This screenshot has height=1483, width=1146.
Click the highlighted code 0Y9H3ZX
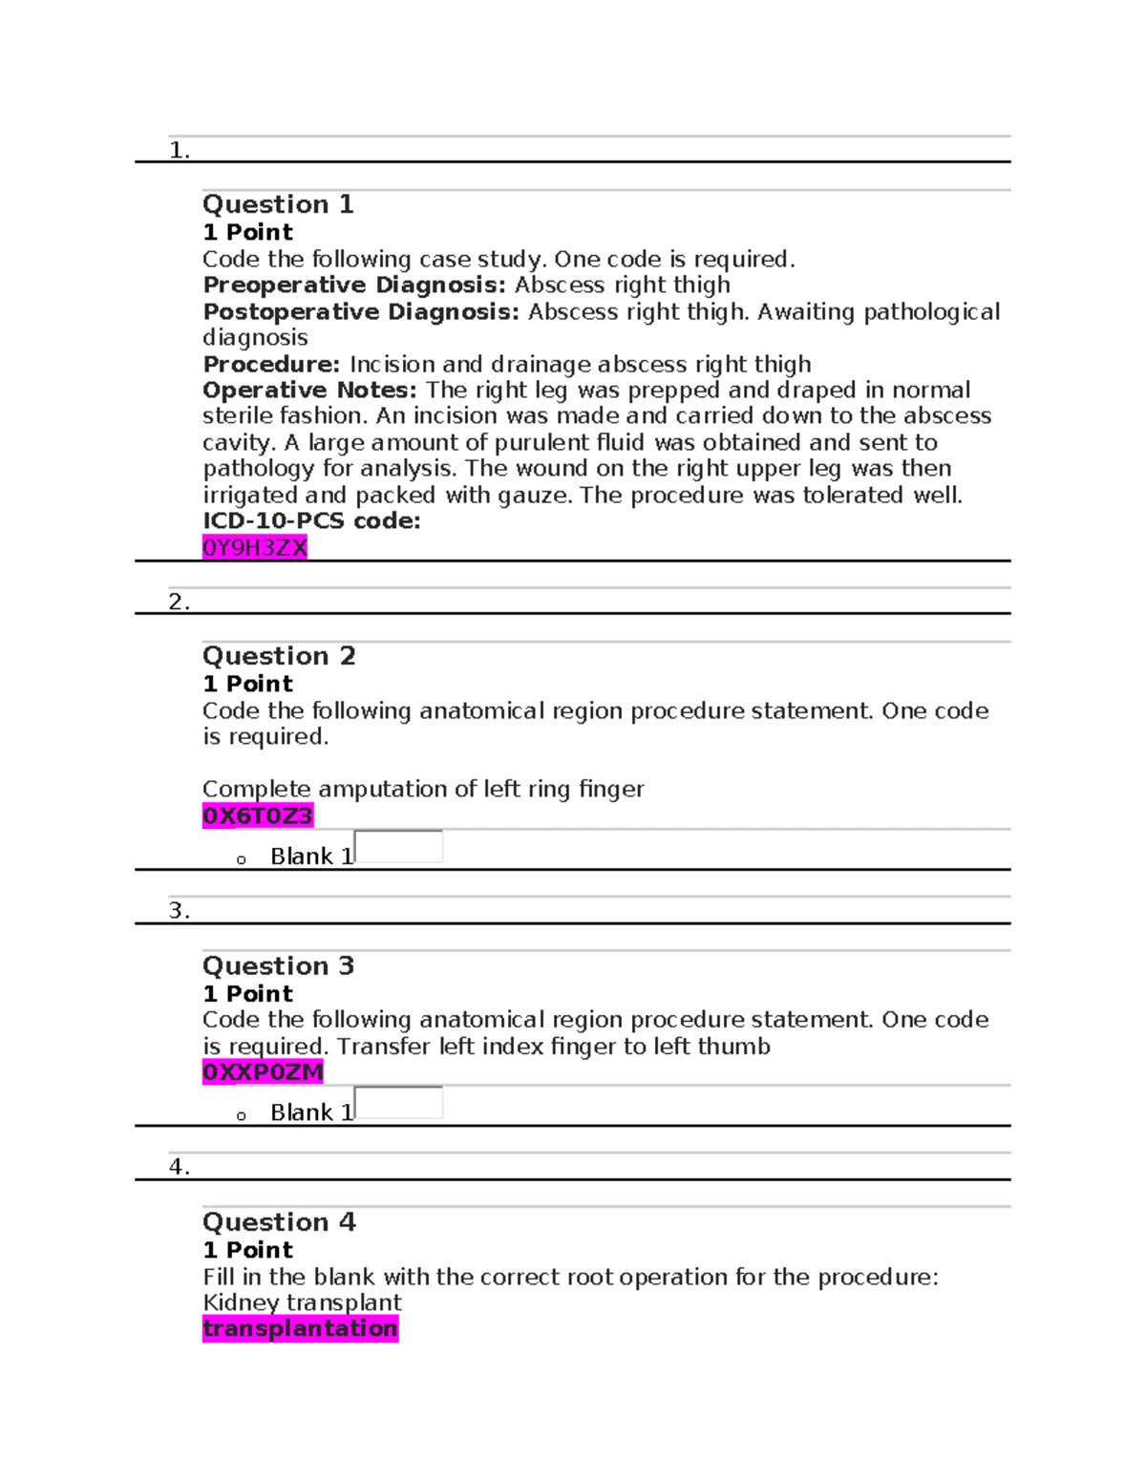[x=254, y=547]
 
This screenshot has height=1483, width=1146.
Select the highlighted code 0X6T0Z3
[x=257, y=816]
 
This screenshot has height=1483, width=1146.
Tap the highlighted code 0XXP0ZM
[x=263, y=1072]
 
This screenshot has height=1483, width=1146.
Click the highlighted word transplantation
[x=300, y=1328]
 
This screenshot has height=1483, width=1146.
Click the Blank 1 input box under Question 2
[x=399, y=847]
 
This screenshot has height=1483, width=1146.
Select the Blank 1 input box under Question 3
[x=399, y=1103]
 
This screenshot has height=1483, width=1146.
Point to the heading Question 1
[x=278, y=204]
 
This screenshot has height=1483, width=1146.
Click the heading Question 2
[x=279, y=656]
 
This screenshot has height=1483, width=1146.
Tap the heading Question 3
[x=278, y=965]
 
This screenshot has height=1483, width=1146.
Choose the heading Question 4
[x=279, y=1222]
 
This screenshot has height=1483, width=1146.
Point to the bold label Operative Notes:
[x=309, y=391]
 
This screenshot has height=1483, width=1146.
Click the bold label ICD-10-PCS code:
[x=311, y=521]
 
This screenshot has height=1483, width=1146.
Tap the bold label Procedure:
[x=271, y=365]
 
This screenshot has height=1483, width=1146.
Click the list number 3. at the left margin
[x=179, y=911]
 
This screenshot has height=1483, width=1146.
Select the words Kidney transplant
[x=302, y=1303]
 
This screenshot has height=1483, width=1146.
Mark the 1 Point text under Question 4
[x=247, y=1250]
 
